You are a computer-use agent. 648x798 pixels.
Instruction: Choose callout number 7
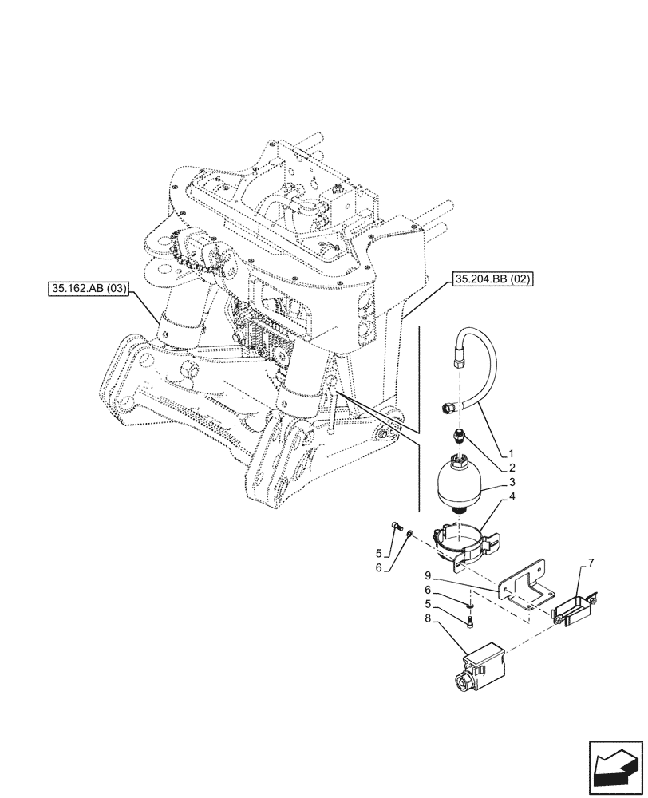pyautogui.click(x=591, y=564)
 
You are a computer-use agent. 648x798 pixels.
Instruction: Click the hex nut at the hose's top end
pyautogui.click(x=459, y=360)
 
